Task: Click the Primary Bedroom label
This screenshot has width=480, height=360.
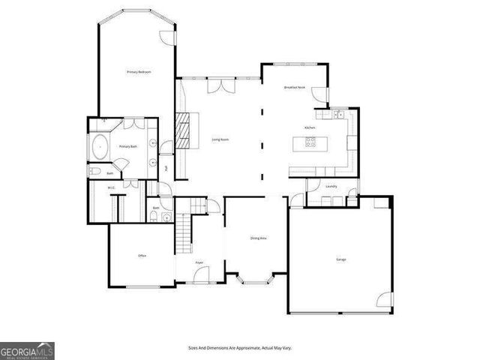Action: coord(139,71)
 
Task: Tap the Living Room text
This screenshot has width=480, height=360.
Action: coord(220,139)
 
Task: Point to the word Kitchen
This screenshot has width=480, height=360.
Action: coord(310,128)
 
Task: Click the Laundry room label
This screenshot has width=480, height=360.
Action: coord(331,186)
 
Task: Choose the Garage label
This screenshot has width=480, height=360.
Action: coord(341,259)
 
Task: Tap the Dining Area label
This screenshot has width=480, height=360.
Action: coord(259,238)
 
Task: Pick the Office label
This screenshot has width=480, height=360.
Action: coord(142,256)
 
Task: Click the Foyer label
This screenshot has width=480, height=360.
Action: coord(199,263)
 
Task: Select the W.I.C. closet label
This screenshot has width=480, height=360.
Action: coord(110,187)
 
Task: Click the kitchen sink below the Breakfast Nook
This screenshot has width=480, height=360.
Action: coord(339,115)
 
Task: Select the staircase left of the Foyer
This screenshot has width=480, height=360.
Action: coord(184,232)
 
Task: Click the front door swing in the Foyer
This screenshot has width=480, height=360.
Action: coord(202,277)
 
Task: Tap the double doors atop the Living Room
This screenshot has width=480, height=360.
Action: coord(219,85)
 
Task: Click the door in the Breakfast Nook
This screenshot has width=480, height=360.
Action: coord(321,96)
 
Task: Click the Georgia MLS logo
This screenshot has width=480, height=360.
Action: coord(27,350)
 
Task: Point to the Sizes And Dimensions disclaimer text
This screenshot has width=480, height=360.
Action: coord(240,348)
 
